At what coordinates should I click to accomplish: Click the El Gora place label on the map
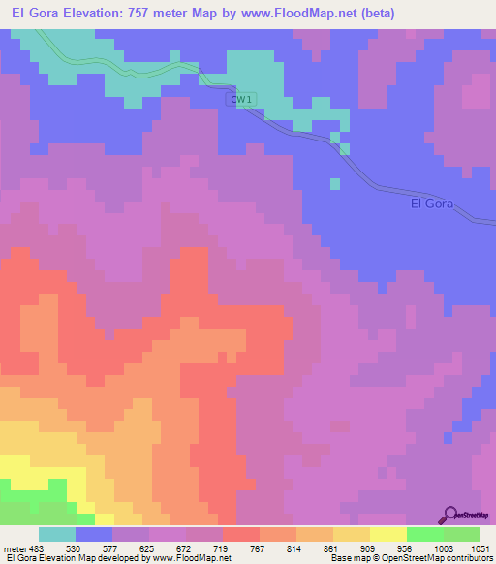coord(431,204)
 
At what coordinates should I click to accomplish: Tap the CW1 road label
coord(242,99)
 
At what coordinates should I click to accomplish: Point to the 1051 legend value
coord(480,548)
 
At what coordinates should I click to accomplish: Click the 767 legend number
coord(259,548)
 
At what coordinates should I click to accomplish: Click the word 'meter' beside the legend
coord(15,548)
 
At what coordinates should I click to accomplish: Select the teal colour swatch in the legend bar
coord(57,534)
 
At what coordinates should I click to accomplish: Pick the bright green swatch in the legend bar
coord(424,534)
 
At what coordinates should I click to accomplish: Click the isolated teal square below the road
coord(335,183)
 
